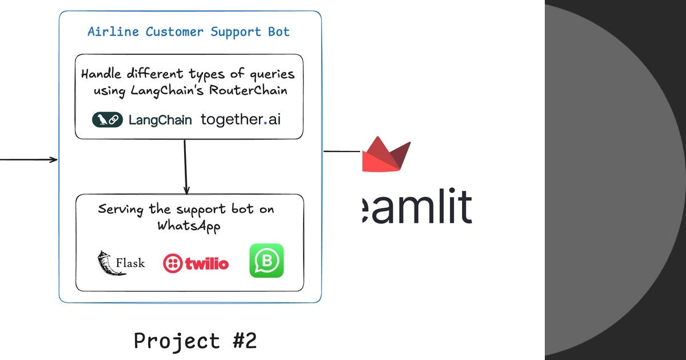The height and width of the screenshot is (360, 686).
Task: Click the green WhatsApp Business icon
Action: (x=266, y=261)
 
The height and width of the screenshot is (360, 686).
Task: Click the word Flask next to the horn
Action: (x=130, y=263)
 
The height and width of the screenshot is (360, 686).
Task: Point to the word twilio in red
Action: (x=206, y=263)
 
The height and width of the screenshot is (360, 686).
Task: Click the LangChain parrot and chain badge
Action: (x=107, y=120)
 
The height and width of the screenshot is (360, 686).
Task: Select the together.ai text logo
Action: (x=241, y=119)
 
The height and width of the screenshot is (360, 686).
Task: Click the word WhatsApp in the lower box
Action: (x=189, y=225)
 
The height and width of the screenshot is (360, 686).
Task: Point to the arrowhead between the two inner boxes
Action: (x=186, y=190)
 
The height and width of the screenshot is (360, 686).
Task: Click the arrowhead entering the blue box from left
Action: (x=54, y=159)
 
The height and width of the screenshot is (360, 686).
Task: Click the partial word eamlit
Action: (x=417, y=207)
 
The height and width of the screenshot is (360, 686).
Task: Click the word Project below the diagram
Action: (x=177, y=341)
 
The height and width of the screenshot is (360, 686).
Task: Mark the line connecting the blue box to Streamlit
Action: (x=341, y=151)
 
